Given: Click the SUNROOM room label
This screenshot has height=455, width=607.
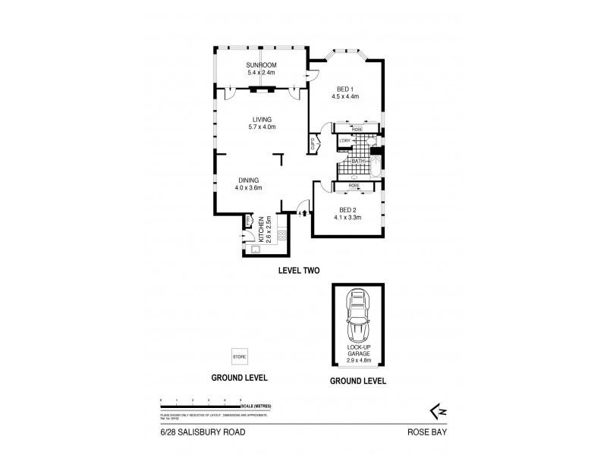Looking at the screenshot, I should (259, 66).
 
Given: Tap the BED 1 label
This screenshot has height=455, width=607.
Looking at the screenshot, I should (344, 88).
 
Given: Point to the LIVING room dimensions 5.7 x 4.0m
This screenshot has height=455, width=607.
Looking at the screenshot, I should (263, 127).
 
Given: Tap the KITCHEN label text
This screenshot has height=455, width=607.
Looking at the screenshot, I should (260, 228).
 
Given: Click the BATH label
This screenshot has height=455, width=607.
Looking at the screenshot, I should (357, 161).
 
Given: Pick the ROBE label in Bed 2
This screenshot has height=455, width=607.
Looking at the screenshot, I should (354, 186).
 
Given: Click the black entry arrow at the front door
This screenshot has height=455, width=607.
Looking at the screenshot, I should (305, 214).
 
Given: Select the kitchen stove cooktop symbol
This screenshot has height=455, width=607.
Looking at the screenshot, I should (281, 236).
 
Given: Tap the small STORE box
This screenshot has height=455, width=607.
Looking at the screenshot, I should (239, 356).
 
